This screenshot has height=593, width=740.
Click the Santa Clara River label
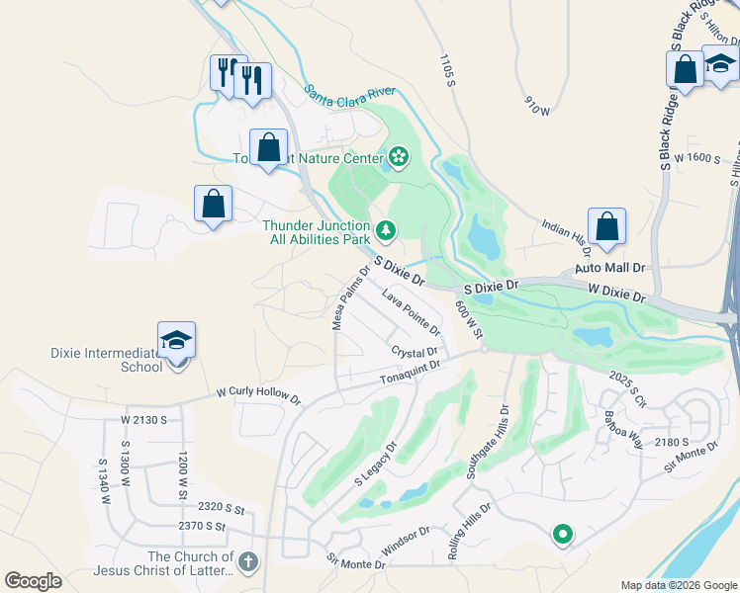click(x=349, y=94)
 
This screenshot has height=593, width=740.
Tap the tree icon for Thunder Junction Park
click(x=385, y=231)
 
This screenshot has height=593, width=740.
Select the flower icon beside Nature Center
click(x=398, y=157)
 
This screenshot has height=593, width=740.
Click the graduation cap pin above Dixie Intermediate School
click(x=176, y=341)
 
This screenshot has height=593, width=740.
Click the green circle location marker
click(x=562, y=535)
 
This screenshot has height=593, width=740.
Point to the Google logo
click(x=33, y=581)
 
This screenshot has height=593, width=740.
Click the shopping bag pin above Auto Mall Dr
click(x=607, y=226)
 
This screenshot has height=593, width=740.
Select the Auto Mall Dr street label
click(x=609, y=268)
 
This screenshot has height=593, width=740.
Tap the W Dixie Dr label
click(x=616, y=294)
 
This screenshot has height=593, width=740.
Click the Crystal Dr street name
click(x=414, y=353)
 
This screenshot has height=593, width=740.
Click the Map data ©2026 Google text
click(x=679, y=585)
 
